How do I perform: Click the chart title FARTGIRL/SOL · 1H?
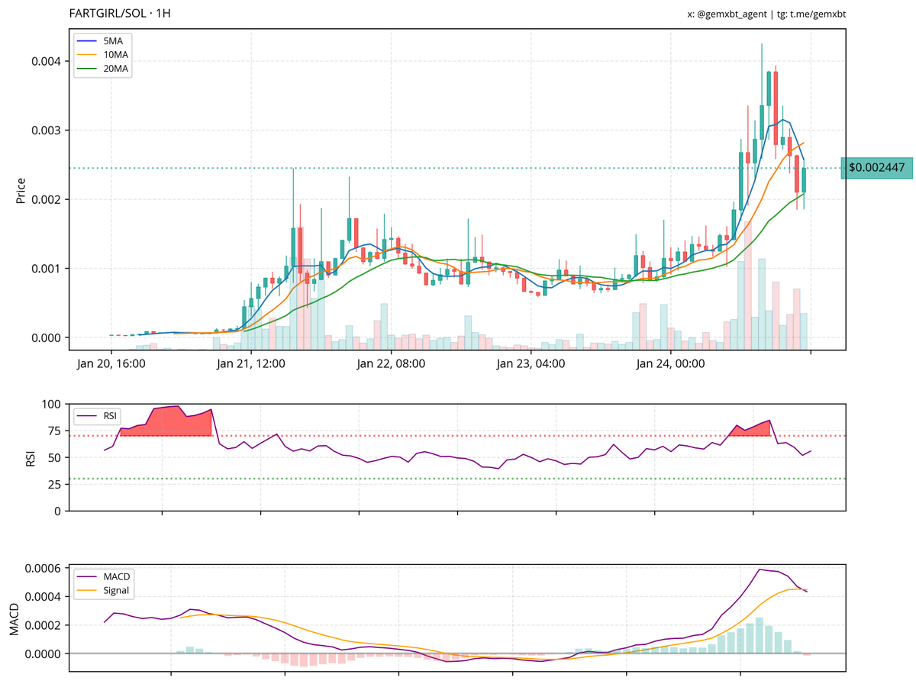tap(119, 14)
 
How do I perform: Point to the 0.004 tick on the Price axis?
tap(47, 61)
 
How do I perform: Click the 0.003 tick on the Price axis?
tap(47, 131)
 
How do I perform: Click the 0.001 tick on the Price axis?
tap(47, 269)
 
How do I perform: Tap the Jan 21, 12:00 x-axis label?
tap(251, 364)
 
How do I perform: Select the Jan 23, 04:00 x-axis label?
tap(531, 364)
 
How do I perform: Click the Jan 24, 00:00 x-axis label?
tap(670, 364)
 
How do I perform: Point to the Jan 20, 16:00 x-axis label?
tap(111, 364)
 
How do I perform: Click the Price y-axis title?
tap(21, 190)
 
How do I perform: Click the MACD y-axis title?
tap(15, 619)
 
